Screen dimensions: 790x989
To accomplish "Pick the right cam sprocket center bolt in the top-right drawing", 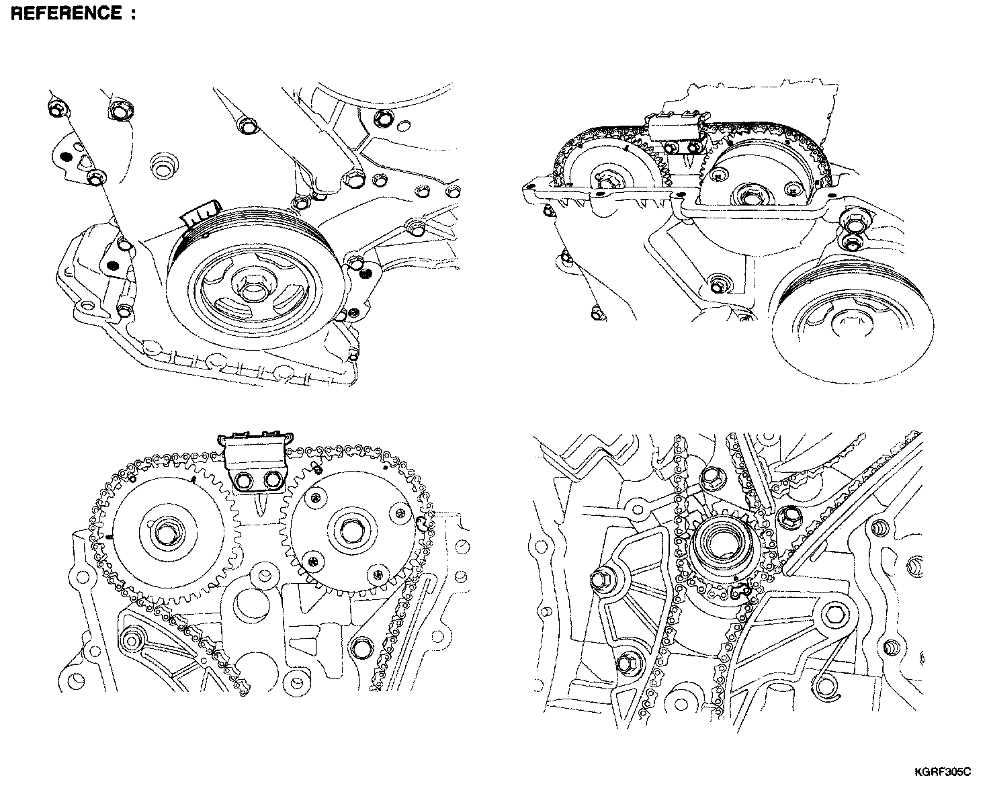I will [747, 195].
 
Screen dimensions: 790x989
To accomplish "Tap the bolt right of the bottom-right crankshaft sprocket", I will [790, 516].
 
